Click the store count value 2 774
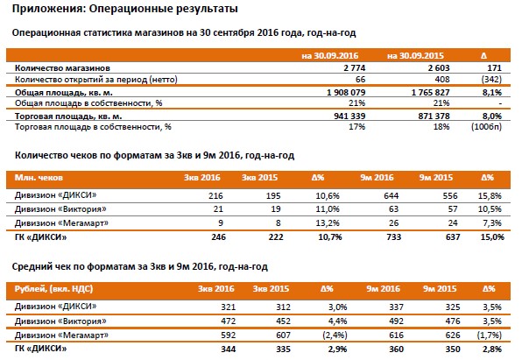tap(355, 68)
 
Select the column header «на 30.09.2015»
tap(415, 55)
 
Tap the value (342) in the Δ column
tap(491, 80)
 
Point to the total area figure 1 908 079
tap(346, 92)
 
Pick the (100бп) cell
tap(486, 127)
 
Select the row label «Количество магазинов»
tap(62, 68)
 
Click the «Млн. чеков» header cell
tap(39, 178)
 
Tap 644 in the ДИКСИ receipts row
tap(391, 196)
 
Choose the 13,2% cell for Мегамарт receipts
tap(328, 223)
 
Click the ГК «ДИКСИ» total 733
tap(394, 237)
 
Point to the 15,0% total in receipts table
tap(492, 237)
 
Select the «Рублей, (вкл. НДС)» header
tap(53, 289)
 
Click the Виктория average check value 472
tap(229, 321)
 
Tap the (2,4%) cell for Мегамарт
tap(335, 335)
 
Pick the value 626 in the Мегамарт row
tap(453, 335)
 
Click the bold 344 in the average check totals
tap(229, 349)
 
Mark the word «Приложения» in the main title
tap(47, 9)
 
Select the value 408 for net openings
tap(442, 80)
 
